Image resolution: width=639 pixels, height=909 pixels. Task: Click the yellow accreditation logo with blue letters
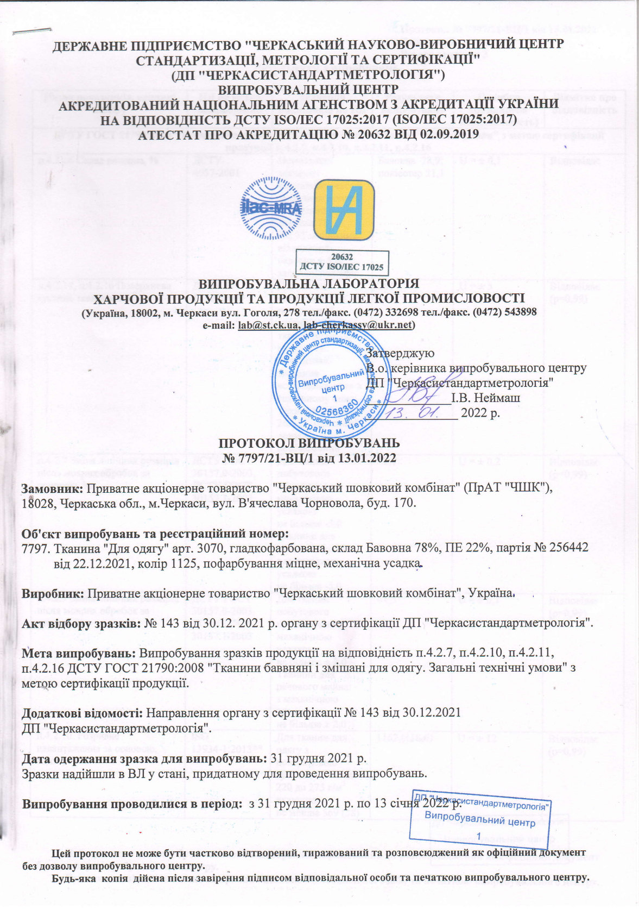(345, 209)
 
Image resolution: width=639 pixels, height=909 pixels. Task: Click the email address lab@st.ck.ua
(268, 325)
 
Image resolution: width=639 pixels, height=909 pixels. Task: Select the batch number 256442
(569, 549)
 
